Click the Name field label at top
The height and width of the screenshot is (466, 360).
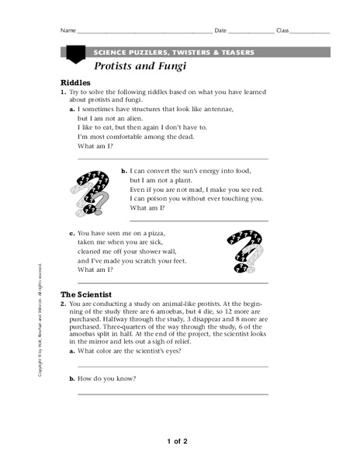coord(68,31)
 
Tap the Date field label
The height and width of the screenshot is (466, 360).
coord(220,31)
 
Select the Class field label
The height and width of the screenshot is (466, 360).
coord(282,31)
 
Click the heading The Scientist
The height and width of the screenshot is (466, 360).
coord(86,294)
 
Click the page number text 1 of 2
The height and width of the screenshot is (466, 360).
coord(178,441)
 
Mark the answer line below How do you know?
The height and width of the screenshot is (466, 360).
coord(173,394)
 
